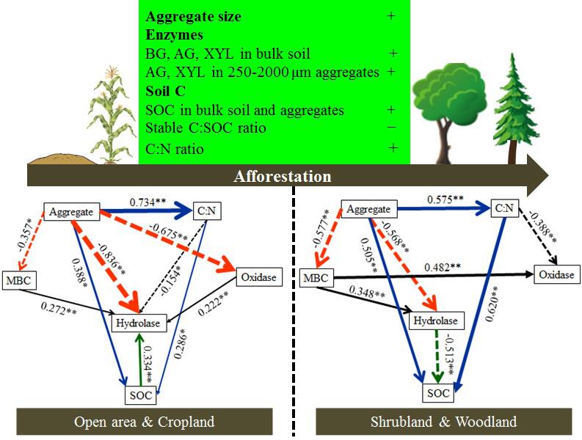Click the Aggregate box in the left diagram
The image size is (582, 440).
click(x=71, y=212)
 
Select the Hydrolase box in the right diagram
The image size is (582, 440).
click(x=439, y=321)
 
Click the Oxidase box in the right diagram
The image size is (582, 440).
click(x=556, y=275)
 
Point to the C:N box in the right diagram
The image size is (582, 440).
click(x=503, y=209)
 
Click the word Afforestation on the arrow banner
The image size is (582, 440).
click(x=282, y=176)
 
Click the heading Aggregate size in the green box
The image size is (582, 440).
click(x=193, y=16)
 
